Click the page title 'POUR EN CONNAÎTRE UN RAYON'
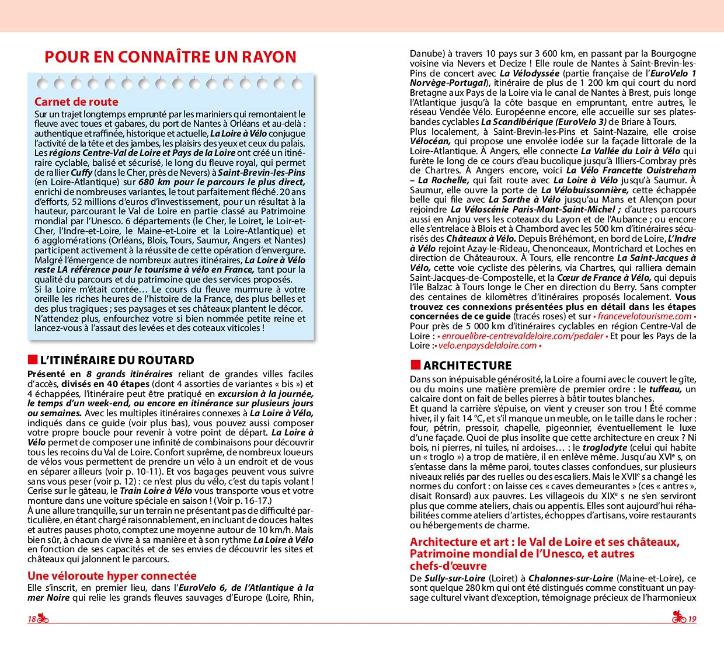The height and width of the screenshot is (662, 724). (x=170, y=57)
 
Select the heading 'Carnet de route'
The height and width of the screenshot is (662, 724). (x=76, y=102)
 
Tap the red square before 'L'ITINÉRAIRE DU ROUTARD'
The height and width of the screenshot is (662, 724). (x=32, y=360)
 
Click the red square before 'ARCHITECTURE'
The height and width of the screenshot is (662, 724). (x=415, y=365)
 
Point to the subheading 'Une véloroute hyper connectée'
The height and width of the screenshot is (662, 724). (x=112, y=576)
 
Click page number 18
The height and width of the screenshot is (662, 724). (x=32, y=619)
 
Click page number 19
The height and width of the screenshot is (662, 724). (x=692, y=619)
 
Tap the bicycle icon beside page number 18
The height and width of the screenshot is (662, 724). (x=43, y=619)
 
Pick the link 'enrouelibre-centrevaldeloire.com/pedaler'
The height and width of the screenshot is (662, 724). (x=521, y=336)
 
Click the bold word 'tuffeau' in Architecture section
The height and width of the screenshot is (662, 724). (x=666, y=389)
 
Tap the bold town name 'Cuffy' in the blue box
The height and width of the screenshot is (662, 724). (x=82, y=173)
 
